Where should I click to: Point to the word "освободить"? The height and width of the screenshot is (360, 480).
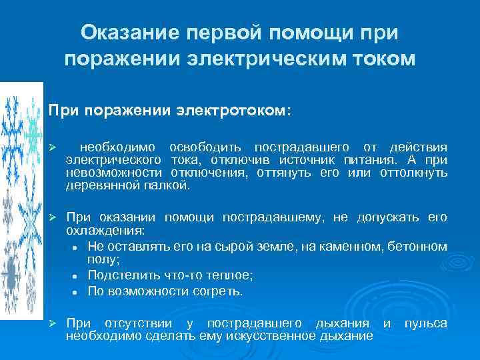[207, 147]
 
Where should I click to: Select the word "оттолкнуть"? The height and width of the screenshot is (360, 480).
[413, 173]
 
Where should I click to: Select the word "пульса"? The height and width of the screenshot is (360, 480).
[426, 323]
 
